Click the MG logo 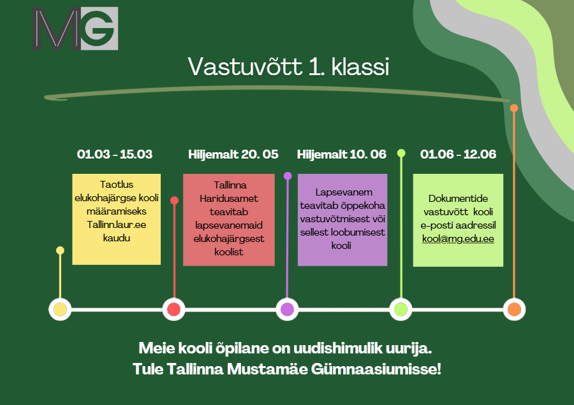click(76, 29)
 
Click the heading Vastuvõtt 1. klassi click(288, 67)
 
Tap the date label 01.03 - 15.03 click(115, 154)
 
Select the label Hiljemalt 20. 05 click(233, 154)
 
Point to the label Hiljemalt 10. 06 click(342, 154)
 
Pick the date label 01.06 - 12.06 click(458, 154)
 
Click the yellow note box click(115, 219)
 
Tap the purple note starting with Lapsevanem click(342, 219)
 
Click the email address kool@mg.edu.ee click(458, 240)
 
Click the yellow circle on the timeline click(60, 309)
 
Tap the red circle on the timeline click(173, 309)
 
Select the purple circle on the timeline click(288, 309)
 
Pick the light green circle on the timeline click(401, 309)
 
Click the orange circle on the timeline click(514, 309)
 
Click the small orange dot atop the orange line click(514, 108)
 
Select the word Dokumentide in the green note click(458, 198)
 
